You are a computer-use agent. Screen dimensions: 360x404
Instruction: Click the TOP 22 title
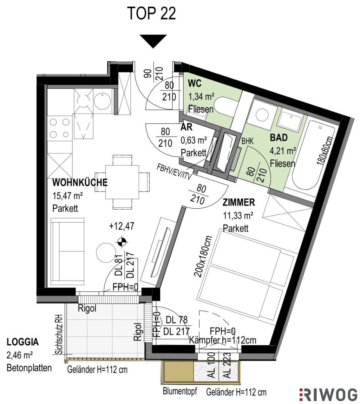(x=152, y=13)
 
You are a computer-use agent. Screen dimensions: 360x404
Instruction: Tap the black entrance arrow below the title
(x=153, y=41)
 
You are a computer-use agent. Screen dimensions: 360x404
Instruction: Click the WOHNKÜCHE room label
(x=80, y=183)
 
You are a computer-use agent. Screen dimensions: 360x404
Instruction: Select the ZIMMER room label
(x=239, y=202)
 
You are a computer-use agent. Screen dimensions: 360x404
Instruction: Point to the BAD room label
(x=279, y=138)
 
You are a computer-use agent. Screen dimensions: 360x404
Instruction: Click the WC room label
(x=195, y=84)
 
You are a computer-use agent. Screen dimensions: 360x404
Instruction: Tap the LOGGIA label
(x=23, y=342)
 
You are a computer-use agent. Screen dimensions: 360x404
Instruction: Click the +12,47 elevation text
(x=121, y=226)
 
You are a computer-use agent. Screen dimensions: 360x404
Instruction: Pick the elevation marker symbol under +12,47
(x=122, y=242)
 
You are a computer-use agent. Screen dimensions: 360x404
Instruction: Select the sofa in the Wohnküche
(x=67, y=251)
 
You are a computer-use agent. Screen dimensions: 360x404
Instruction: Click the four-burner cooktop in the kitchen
(x=60, y=128)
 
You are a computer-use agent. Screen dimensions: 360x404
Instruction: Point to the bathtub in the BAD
(x=313, y=157)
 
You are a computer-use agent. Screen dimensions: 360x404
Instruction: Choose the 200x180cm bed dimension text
(x=203, y=256)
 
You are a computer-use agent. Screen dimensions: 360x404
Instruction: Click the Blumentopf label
(x=180, y=391)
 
